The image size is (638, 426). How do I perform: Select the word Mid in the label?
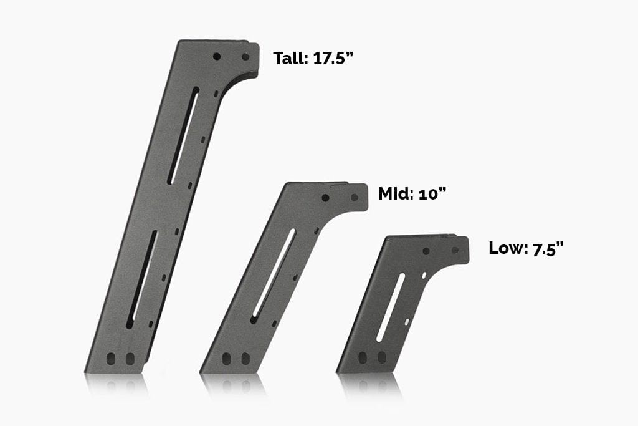pos(393,193)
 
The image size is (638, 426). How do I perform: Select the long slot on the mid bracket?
pos(272,276)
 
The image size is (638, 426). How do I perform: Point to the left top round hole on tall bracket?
pos(217,56)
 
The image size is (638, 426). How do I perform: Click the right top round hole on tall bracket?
pos(245,57)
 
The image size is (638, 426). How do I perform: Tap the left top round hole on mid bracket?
pos(325,198)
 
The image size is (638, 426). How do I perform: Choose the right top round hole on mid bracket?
pos(354,198)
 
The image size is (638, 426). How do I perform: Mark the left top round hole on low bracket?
pos(426,251)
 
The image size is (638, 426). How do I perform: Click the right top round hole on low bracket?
pos(454,251)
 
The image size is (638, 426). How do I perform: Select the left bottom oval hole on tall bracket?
pos(112,359)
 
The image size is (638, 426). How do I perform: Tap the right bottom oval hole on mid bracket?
pos(245,359)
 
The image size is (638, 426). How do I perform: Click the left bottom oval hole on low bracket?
pos(363,359)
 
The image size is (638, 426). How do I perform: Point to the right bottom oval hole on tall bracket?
pos(130,359)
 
